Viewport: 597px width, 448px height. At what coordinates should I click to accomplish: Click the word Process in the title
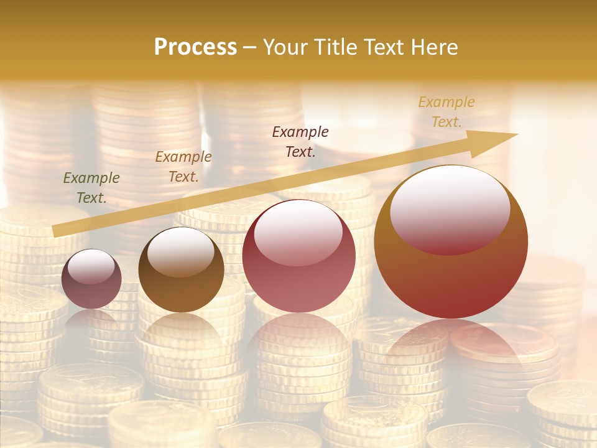click(x=195, y=47)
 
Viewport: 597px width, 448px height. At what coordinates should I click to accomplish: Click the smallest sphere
click(x=91, y=279)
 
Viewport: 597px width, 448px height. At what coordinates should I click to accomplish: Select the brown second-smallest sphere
click(x=181, y=270)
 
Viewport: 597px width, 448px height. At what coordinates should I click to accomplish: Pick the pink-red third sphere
click(x=298, y=256)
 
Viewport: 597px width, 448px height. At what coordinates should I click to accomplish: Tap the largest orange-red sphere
click(x=451, y=242)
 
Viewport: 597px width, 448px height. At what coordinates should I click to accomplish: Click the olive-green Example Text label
click(x=91, y=188)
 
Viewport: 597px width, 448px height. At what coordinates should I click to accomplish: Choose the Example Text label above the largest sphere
click(x=446, y=112)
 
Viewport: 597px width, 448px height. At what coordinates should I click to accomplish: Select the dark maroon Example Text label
click(x=300, y=141)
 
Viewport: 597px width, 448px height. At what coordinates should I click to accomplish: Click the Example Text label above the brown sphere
click(x=183, y=167)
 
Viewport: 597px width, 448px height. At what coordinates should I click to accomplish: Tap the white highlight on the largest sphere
click(x=450, y=209)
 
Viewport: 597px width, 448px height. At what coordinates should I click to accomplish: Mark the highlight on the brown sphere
click(x=180, y=252)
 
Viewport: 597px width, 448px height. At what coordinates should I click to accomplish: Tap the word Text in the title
click(x=384, y=47)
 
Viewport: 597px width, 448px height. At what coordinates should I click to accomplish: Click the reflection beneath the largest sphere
click(x=451, y=342)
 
